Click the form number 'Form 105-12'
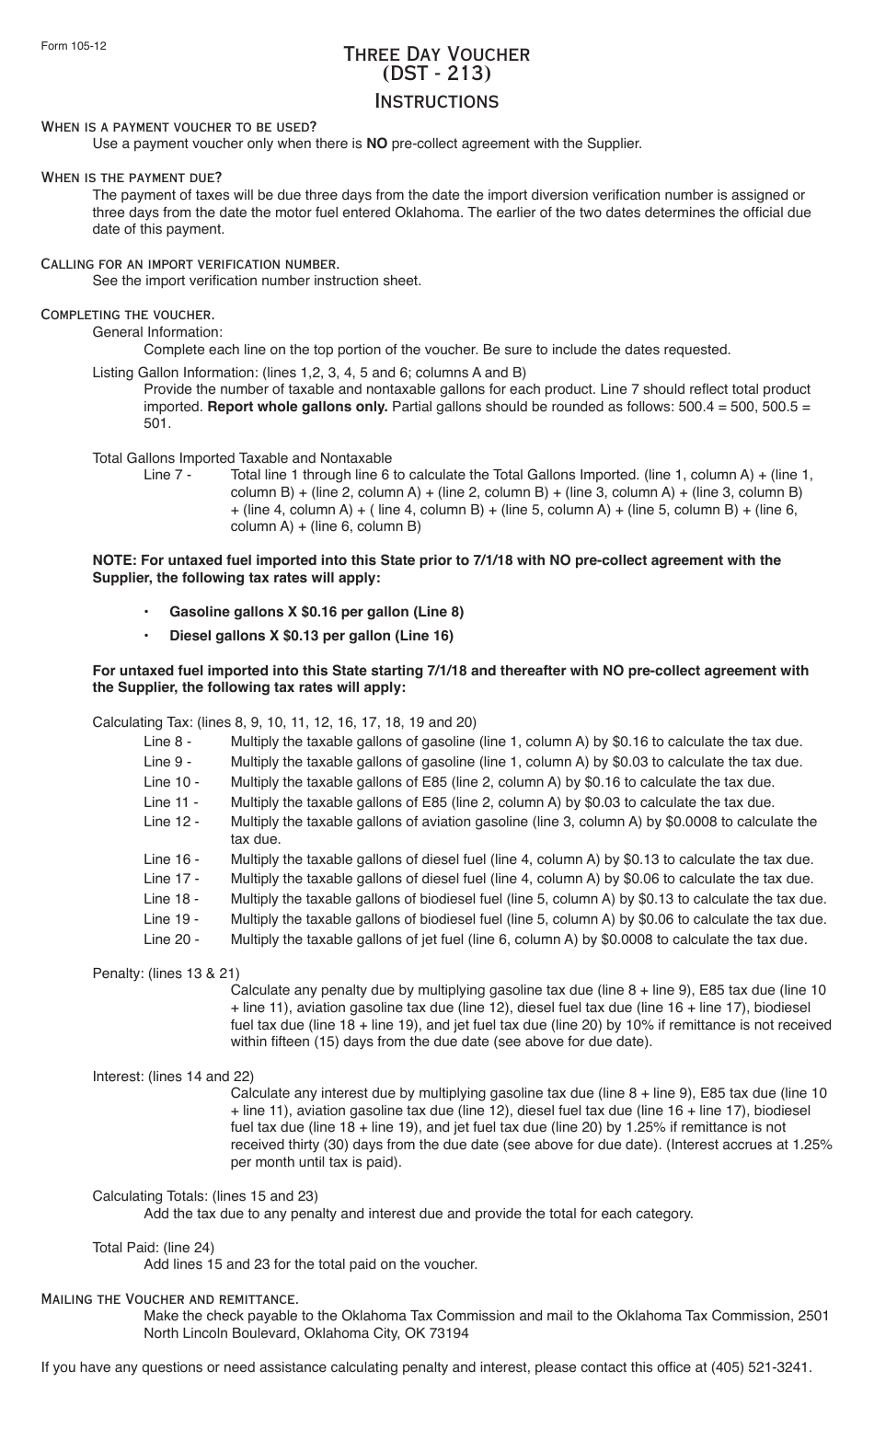tap(73, 46)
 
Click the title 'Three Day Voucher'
tap(436, 53)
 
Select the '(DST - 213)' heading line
tap(436, 74)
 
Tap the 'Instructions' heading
tap(436, 101)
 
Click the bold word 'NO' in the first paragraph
tap(376, 144)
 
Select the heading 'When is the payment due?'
tap(132, 177)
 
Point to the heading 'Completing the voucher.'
tap(128, 315)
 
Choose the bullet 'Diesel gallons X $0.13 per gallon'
tap(311, 636)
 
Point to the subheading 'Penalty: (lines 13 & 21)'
tap(166, 973)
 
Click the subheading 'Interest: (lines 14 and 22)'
tap(173, 1077)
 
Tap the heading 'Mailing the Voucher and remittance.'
tap(170, 1299)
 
